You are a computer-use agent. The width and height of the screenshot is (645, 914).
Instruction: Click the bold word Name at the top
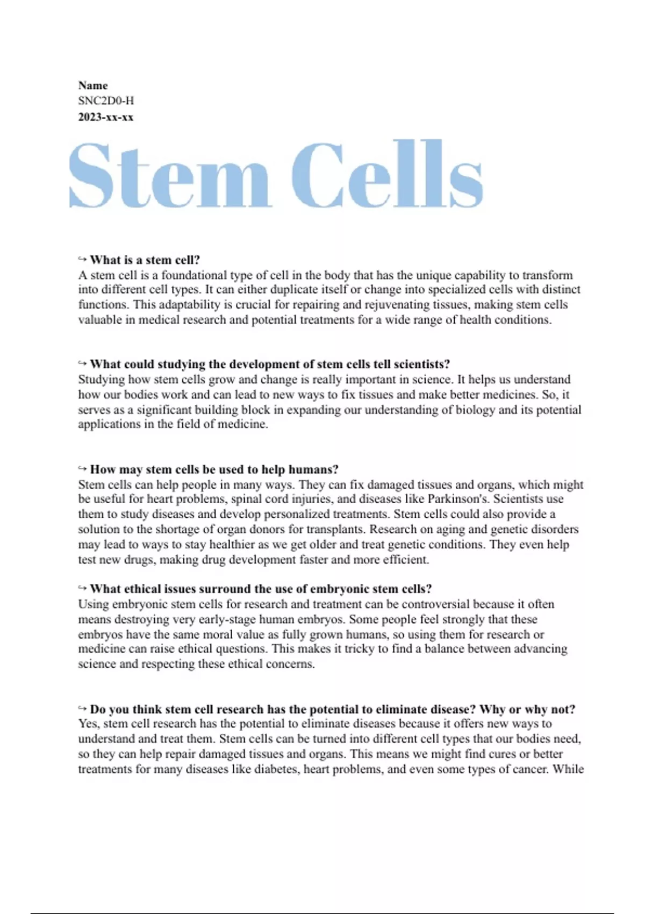click(93, 85)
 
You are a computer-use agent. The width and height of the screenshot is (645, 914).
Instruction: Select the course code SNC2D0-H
click(106, 101)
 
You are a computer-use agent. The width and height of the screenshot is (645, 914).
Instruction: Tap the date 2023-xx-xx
click(106, 117)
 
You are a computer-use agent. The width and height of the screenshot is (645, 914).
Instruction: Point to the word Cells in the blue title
click(387, 175)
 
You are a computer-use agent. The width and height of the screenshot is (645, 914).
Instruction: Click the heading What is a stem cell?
click(145, 260)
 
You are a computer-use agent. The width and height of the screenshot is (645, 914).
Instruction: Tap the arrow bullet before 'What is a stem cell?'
click(82, 259)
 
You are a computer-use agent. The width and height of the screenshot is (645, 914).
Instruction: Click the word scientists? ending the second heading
click(421, 365)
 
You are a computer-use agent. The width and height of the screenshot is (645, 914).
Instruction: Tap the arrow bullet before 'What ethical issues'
click(82, 588)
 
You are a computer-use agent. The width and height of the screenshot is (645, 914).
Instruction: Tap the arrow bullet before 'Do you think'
click(82, 709)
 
